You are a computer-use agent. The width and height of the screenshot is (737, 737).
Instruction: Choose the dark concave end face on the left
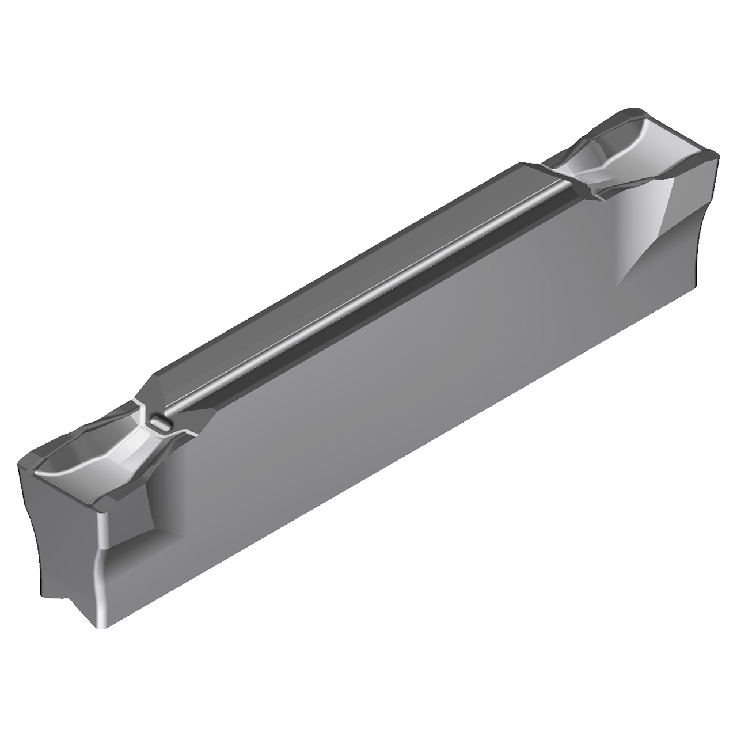pyautogui.click(x=58, y=535)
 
